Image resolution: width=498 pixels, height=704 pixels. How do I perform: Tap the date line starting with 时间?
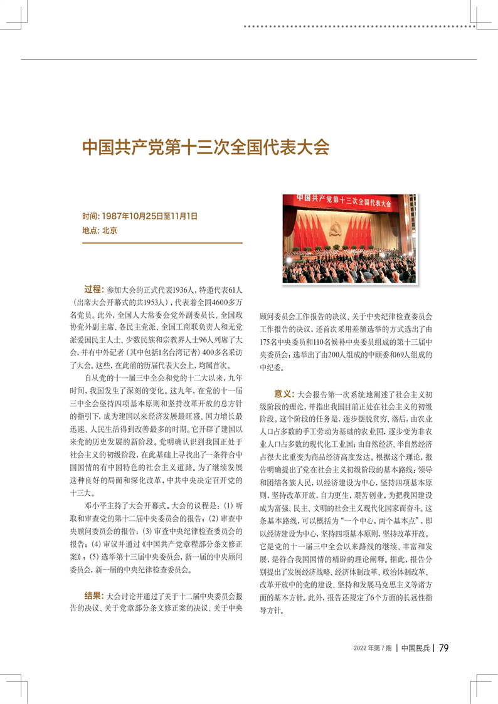140,216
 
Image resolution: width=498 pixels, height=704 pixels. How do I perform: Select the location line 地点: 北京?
100,230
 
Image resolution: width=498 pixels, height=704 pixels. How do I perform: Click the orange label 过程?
93,290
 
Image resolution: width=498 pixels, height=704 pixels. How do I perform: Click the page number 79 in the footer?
443,648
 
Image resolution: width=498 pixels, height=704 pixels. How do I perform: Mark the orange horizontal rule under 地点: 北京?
162,243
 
